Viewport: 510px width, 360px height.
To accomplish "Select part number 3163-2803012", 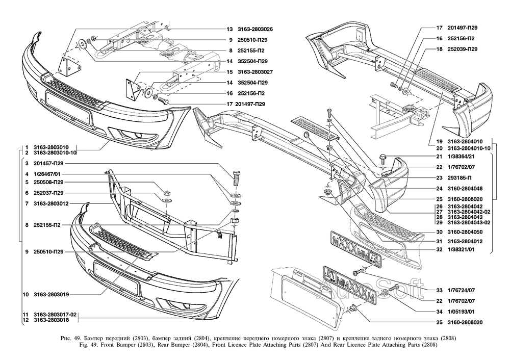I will pos(48,204).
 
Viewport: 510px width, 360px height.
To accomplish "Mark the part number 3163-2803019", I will pos(48,294).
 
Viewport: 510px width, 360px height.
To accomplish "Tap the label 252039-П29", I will pos(464,49).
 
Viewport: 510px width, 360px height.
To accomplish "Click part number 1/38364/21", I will pos(461,156).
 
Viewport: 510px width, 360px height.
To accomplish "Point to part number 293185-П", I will pos(460,178).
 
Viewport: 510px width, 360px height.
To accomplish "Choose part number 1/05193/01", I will pos(461,311).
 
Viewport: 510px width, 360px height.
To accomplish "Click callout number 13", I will pos(230,29).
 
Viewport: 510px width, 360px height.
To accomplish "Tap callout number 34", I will pos(439,311).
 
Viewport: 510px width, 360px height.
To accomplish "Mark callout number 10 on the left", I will pos(25,294).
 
